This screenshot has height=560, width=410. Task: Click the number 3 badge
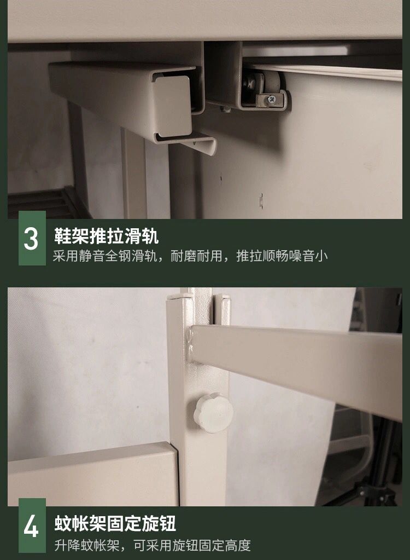coord(32,238)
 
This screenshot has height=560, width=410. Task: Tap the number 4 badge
coord(32,526)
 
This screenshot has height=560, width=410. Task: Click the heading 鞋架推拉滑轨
coord(106,236)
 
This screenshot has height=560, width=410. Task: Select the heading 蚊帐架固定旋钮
coord(115,523)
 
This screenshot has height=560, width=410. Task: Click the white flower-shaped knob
coord(214,413)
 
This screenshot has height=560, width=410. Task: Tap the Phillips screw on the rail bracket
coord(272,99)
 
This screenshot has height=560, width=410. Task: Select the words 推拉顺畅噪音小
coord(282,256)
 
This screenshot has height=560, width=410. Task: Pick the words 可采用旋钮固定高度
coord(192,545)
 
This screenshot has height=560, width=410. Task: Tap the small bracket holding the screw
coord(272,101)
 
